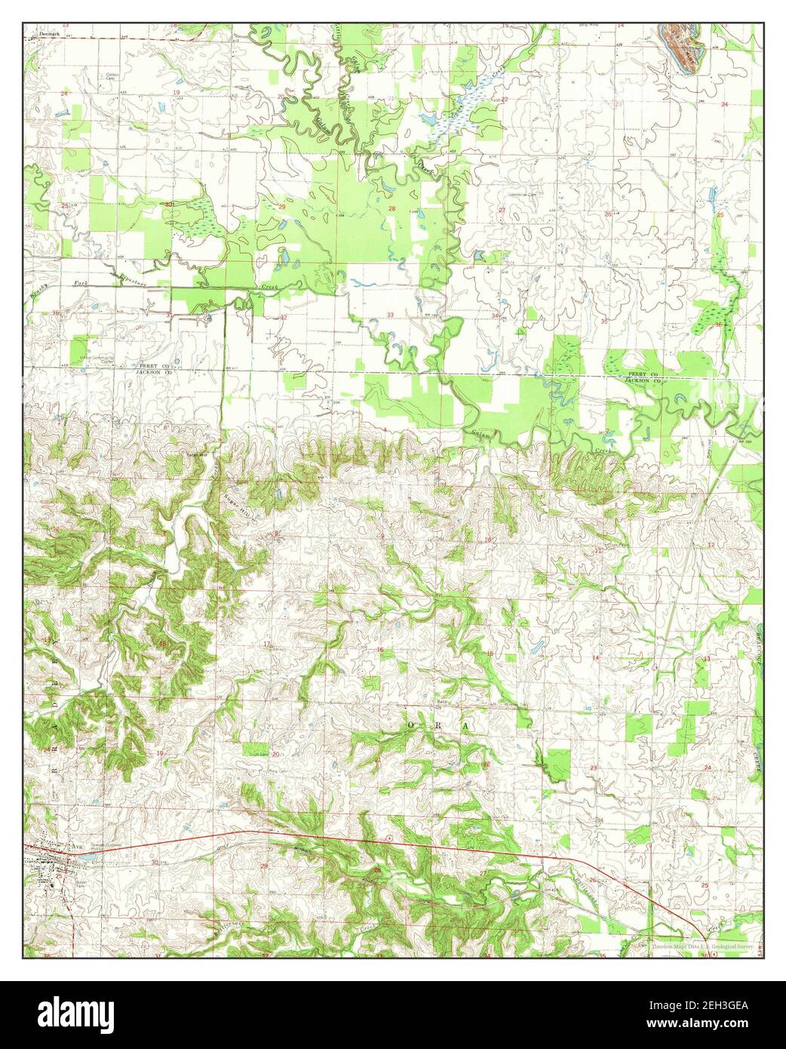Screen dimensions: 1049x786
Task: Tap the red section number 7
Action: (x=164, y=534)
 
